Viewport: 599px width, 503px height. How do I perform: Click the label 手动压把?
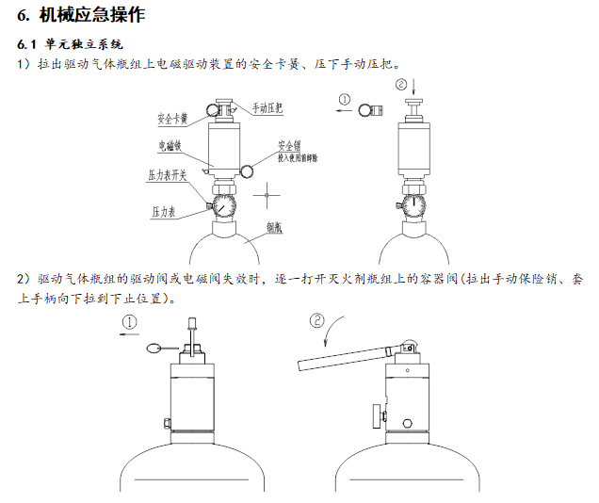(x=268, y=108)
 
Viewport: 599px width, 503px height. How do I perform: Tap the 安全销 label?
(x=289, y=146)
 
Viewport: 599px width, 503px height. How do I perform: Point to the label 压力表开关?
(x=167, y=175)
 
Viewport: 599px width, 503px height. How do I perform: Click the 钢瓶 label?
(x=275, y=227)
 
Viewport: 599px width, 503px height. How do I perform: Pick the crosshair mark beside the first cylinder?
(x=268, y=198)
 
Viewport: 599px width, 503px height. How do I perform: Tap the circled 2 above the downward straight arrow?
(x=403, y=85)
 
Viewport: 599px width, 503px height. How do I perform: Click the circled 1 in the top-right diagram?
(x=345, y=98)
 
